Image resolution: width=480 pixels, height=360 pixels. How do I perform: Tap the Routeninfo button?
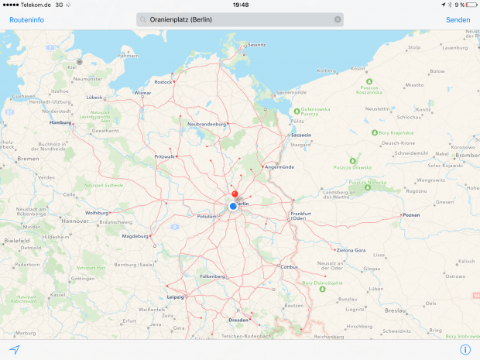tap(26, 19)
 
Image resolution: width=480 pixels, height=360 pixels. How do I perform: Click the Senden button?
tap(458, 19)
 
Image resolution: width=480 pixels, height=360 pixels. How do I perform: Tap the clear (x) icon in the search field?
tap(338, 19)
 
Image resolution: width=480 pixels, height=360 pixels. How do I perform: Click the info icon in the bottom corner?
tap(465, 350)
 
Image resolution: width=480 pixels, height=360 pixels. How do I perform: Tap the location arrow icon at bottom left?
tap(14, 350)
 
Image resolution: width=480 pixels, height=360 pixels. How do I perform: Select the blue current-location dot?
tap(233, 206)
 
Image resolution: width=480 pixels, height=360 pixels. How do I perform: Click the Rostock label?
tap(163, 81)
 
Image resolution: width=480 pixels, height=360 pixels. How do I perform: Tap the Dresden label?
tap(239, 319)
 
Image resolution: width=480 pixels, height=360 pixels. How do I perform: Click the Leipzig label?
tap(175, 297)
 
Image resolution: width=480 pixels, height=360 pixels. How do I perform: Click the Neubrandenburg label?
tap(206, 124)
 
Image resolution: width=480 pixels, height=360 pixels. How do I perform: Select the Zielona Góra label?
tap(350, 250)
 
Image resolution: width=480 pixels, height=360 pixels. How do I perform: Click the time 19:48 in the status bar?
tap(240, 5)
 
